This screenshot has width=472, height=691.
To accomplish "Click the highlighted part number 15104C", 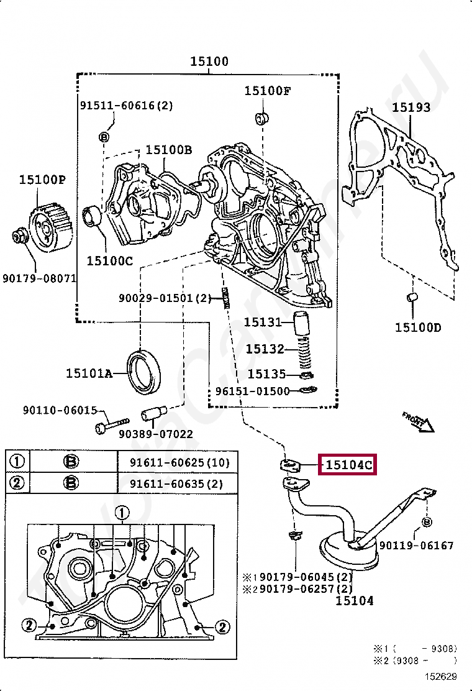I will click(348, 464).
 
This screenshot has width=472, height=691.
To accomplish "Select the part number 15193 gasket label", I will click(411, 108).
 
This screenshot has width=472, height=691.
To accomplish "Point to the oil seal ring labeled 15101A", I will click(144, 372).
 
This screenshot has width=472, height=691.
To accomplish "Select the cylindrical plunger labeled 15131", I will click(302, 323).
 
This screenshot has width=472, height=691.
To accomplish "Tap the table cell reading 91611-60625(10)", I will click(179, 462).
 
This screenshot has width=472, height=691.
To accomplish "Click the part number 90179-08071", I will click(40, 278).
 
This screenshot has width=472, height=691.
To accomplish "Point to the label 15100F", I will click(267, 91).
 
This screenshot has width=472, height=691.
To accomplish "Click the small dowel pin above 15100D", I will click(411, 298).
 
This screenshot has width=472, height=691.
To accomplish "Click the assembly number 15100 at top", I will click(209, 62).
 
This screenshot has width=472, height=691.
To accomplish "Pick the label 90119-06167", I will click(416, 546).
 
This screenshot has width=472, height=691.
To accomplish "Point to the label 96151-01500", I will click(252, 391).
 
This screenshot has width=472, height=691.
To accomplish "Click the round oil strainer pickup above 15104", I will click(345, 547).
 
